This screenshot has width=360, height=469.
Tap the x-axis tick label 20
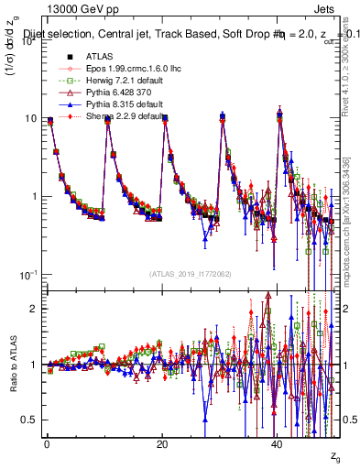pos(162,444)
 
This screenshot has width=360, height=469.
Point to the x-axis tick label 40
pos(278,444)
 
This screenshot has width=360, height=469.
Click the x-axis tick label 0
pos(47,444)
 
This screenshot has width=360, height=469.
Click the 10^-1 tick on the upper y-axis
pos(27,275)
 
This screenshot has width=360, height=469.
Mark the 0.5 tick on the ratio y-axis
pos(27,420)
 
